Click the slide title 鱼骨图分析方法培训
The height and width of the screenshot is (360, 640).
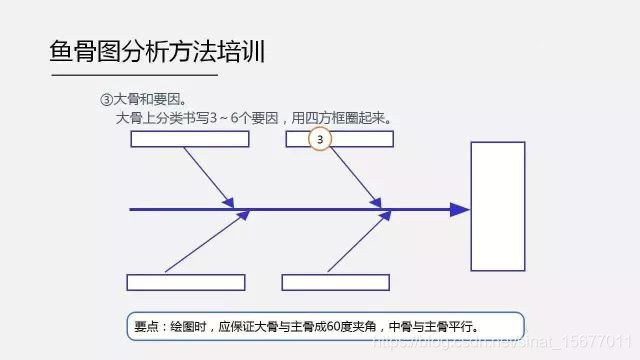[x=157, y=51]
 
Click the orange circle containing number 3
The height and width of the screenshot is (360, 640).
[x=320, y=140]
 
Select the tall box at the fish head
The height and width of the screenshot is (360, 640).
[x=497, y=206]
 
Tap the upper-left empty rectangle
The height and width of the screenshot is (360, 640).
[x=188, y=139]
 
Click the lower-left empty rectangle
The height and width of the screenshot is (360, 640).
[x=186, y=282]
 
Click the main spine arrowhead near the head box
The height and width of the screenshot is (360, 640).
[x=459, y=210]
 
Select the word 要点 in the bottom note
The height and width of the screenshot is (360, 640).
[x=145, y=326]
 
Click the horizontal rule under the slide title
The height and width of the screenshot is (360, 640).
[x=133, y=75]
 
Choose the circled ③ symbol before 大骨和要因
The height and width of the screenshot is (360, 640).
[x=107, y=101]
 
